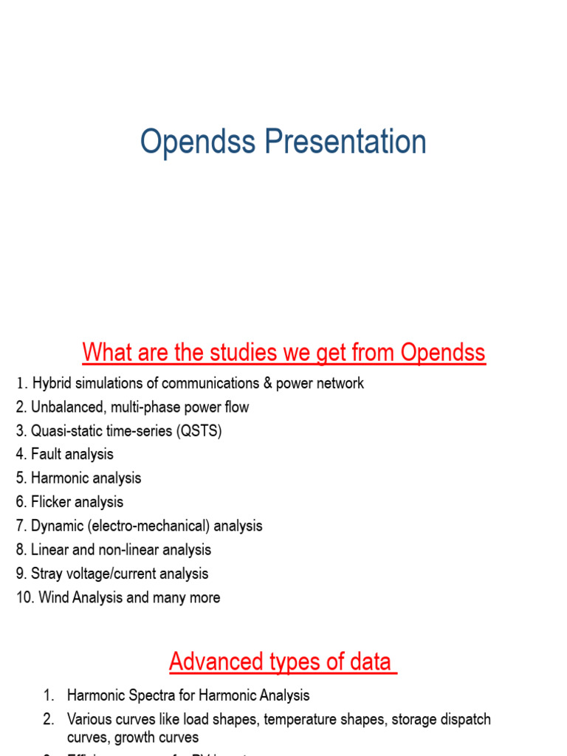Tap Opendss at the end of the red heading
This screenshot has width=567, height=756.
click(443, 353)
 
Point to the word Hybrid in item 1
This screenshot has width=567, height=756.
click(52, 383)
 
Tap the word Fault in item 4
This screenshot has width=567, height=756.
click(47, 455)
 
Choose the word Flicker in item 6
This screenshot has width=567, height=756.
click(52, 502)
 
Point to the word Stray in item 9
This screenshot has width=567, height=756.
click(47, 574)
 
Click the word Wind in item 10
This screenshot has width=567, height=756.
click(53, 597)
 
